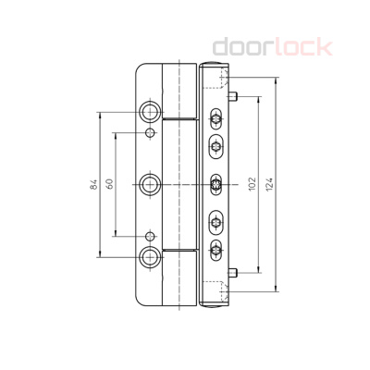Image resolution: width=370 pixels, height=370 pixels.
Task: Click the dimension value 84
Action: (x=94, y=184)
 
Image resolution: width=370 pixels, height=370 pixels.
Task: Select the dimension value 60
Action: (x=109, y=184)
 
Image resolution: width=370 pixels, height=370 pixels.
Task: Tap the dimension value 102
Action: (x=252, y=184)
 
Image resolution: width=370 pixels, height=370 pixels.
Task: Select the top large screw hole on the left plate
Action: (x=149, y=113)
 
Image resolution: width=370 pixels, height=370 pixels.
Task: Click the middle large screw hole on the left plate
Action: (x=149, y=184)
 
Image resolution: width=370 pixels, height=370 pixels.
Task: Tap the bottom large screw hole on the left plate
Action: (x=149, y=255)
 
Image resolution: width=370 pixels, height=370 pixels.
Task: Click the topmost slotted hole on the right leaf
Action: (x=216, y=119)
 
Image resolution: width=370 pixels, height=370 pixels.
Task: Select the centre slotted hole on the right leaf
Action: (x=216, y=184)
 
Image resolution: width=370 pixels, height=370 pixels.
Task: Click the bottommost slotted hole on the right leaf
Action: (x=216, y=248)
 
